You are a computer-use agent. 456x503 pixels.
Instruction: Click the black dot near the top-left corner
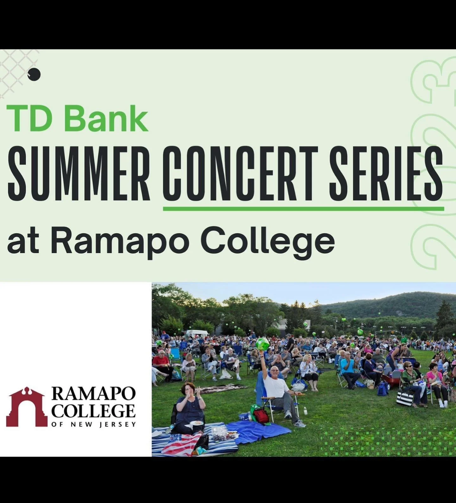pyautogui.click(x=34, y=74)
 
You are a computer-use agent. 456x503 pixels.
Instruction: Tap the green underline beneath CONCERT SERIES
pyautogui.click(x=303, y=209)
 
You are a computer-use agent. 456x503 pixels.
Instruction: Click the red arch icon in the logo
pyautogui.click(x=27, y=407)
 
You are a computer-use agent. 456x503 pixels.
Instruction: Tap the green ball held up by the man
pyautogui.click(x=263, y=343)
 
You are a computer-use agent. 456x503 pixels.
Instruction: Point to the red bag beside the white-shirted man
pyautogui.click(x=261, y=416)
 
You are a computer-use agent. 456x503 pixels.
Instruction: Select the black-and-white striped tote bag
pyautogui.click(x=405, y=397)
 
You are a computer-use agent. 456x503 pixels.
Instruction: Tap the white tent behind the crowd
pyautogui.click(x=197, y=333)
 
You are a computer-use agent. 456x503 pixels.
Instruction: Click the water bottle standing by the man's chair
pyautogui.click(x=305, y=411)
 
